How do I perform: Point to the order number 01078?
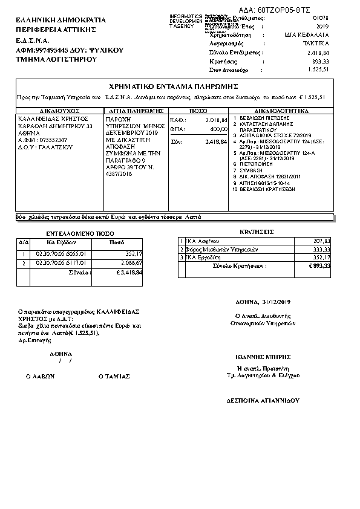pyautogui.click(x=320, y=19)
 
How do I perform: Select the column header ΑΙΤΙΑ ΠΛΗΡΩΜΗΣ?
pyautogui.click(x=135, y=111)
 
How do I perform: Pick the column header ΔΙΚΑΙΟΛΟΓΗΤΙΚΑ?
pyautogui.click(x=281, y=111)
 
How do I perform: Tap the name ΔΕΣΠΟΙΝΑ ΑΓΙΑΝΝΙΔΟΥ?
pyautogui.click(x=263, y=400)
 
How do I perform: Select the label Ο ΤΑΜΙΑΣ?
pyautogui.click(x=114, y=375)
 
